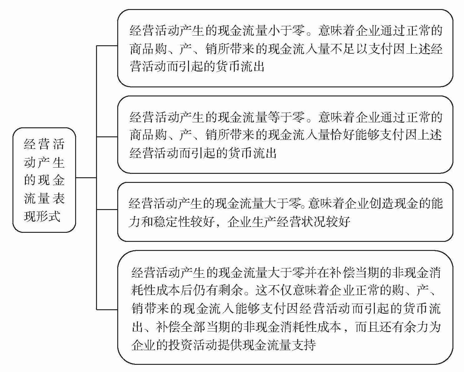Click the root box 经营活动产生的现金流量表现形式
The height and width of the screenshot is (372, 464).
(x=44, y=180)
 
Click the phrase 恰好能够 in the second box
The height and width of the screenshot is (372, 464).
(x=356, y=136)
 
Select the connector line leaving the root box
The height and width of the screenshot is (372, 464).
(x=86, y=178)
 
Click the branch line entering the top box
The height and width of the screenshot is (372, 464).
(x=107, y=46)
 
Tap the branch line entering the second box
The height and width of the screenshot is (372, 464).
(x=107, y=137)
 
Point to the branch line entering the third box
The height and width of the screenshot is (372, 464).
(x=107, y=209)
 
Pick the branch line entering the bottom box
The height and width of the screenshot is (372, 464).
(x=107, y=309)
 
